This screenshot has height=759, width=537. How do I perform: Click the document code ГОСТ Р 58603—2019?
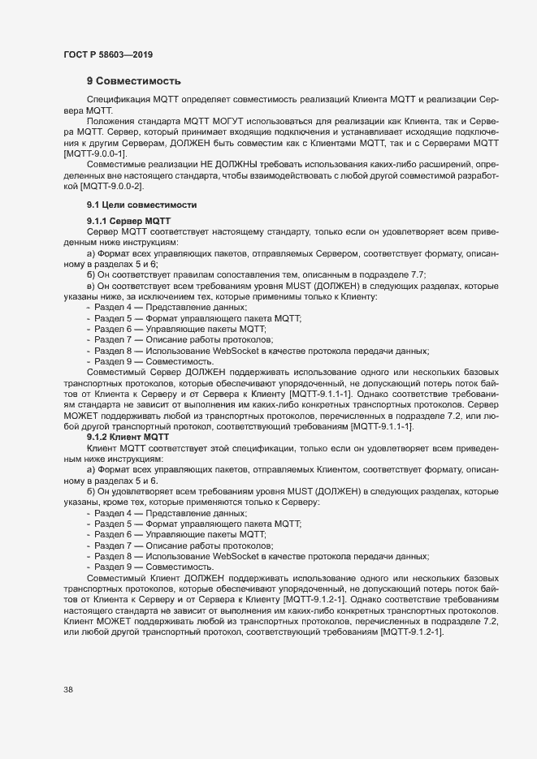click(107, 54)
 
